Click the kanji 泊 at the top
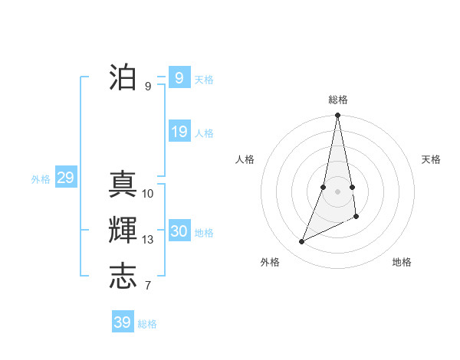[x=123, y=77]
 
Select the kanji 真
[x=123, y=185]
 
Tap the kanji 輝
[x=123, y=231]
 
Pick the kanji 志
[x=123, y=277]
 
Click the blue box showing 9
[x=179, y=78]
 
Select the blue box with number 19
[x=179, y=132]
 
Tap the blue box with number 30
[x=179, y=231]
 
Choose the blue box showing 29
[x=65, y=178]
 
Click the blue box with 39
[x=122, y=322]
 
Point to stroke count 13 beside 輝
[x=148, y=240]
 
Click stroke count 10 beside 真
[x=148, y=194]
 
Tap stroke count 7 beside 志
[x=148, y=286]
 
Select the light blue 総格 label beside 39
[x=147, y=324]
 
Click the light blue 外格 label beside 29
[x=41, y=179]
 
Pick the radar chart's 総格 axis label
[x=338, y=100]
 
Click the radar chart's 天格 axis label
[x=432, y=159]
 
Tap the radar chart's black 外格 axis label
[x=270, y=262]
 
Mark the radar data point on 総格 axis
[x=337, y=116]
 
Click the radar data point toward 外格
[x=301, y=242]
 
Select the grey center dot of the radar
[x=337, y=191]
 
